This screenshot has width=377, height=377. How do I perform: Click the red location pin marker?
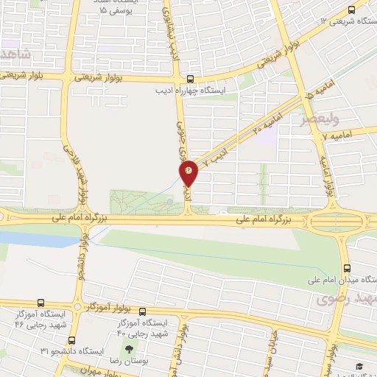point(189,172)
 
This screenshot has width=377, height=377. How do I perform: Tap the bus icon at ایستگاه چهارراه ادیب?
point(191,80)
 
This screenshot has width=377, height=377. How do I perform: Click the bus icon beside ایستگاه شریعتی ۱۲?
point(350,10)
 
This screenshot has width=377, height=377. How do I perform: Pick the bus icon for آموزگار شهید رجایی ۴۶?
point(40,303)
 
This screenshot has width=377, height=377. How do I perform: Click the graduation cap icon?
point(359,367)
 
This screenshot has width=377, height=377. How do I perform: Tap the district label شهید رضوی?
point(346,299)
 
